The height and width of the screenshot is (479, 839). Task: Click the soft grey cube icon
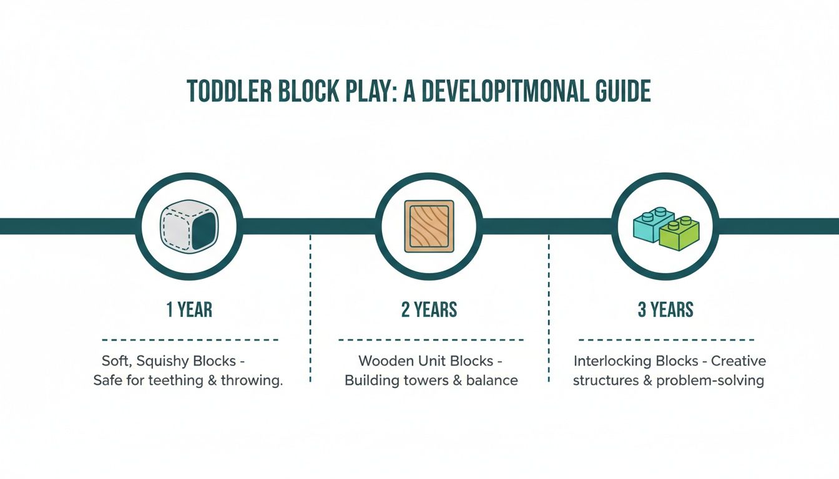(x=189, y=226)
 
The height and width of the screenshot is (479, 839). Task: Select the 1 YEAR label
(x=189, y=309)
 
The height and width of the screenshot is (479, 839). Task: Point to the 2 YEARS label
(x=429, y=309)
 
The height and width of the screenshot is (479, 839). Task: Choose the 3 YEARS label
(x=665, y=309)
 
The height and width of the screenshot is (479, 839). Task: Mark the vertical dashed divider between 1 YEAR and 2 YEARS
(x=310, y=309)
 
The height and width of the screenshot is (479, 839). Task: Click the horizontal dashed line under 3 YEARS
(x=667, y=341)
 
